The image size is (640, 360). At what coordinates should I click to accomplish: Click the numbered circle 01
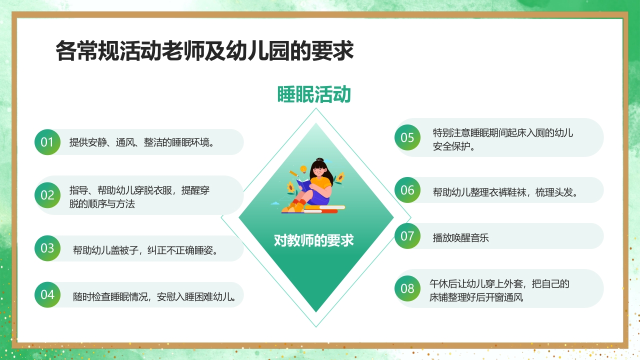tap(47, 142)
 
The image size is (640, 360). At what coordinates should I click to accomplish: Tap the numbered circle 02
tap(47, 195)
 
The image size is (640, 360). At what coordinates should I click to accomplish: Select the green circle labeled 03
tap(47, 248)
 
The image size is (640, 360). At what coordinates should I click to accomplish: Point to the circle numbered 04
tap(47, 294)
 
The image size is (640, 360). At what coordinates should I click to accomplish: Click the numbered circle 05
tap(407, 137)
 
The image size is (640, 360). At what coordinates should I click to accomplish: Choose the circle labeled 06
tap(407, 190)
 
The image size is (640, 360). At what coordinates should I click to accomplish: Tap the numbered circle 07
tap(407, 235)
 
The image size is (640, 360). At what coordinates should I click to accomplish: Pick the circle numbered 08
tap(407, 288)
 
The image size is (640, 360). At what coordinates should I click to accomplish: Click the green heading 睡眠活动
tap(314, 94)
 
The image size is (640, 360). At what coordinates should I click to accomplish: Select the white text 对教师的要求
tap(314, 240)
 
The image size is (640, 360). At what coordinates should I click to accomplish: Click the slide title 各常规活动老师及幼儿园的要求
tap(204, 51)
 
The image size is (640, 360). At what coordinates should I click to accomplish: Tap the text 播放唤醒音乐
tap(460, 238)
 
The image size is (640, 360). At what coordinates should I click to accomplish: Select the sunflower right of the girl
tap(339, 177)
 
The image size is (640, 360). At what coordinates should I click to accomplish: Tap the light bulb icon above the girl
tap(303, 168)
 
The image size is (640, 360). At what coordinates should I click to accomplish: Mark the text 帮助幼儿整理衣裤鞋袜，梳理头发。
tap(505, 192)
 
